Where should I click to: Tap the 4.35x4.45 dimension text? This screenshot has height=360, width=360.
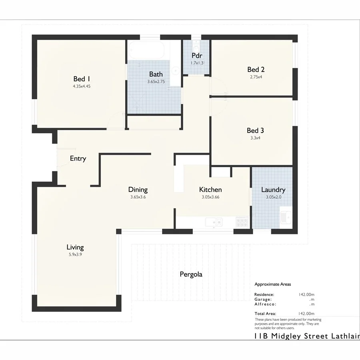pos(81,86)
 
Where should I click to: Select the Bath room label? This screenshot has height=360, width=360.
pos(156,74)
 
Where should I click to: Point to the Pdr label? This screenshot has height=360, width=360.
pos(196,56)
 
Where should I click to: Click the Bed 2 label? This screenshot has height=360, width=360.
pos(256,69)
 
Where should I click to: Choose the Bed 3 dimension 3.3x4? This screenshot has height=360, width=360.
pos(255,138)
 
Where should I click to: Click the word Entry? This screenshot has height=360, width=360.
pos(78,158)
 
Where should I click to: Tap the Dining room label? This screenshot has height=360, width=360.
pos(138,190)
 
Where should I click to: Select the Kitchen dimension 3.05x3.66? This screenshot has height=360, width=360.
pos(210,197)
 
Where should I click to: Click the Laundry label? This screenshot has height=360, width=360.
pos(273,190)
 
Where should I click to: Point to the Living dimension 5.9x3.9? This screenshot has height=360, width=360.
pos(75,254)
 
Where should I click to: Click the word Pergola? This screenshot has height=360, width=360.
pos(191,274)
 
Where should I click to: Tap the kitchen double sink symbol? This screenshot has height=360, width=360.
pos(214,221)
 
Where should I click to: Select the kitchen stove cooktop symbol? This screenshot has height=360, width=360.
pos(242,221)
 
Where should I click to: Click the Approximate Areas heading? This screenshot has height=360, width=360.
pos(273,284)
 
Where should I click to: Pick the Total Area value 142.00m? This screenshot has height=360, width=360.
pos(306,314)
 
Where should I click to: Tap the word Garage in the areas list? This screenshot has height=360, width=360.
pos(264,299)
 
